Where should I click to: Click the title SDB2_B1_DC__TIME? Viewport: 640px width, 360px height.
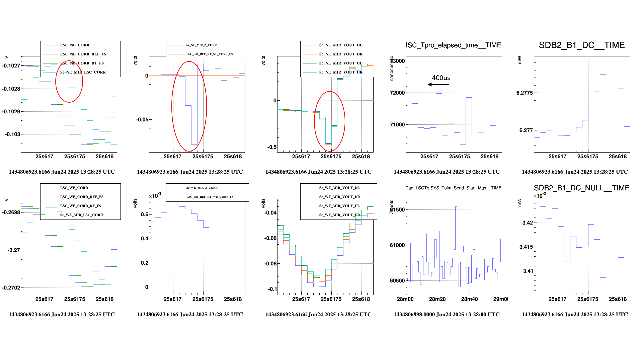coord(582,45)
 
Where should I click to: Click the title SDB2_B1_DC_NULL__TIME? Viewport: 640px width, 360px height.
coord(582,188)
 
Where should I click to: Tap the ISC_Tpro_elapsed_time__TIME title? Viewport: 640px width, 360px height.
coord(453,45)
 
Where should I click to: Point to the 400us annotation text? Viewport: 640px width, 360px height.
coord(441,78)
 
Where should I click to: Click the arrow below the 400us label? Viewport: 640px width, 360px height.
coord(438,84)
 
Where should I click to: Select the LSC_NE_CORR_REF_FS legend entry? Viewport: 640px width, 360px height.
coord(83,54)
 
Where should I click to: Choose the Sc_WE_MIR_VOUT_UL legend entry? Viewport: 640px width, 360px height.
coord(339,206)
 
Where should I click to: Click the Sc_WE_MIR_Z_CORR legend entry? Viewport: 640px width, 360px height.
coord(202,188)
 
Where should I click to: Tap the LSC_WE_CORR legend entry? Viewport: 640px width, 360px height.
coord(74,188)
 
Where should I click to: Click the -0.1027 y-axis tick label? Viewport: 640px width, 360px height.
coord(11,66)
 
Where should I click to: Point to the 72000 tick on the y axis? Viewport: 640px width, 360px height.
coord(397,93)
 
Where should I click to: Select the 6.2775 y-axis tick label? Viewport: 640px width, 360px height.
coord(525,93)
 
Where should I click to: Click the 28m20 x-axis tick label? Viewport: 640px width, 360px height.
coord(437,299)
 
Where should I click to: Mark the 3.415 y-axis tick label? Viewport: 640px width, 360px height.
coord(526,247)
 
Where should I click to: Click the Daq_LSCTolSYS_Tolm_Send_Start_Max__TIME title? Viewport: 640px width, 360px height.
coord(453,188)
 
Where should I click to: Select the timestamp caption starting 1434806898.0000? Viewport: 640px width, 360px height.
coord(446,314)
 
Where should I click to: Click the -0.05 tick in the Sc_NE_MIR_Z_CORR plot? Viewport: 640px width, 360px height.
coord(142,119)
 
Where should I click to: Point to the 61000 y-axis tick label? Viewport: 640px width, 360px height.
coord(397,245)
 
